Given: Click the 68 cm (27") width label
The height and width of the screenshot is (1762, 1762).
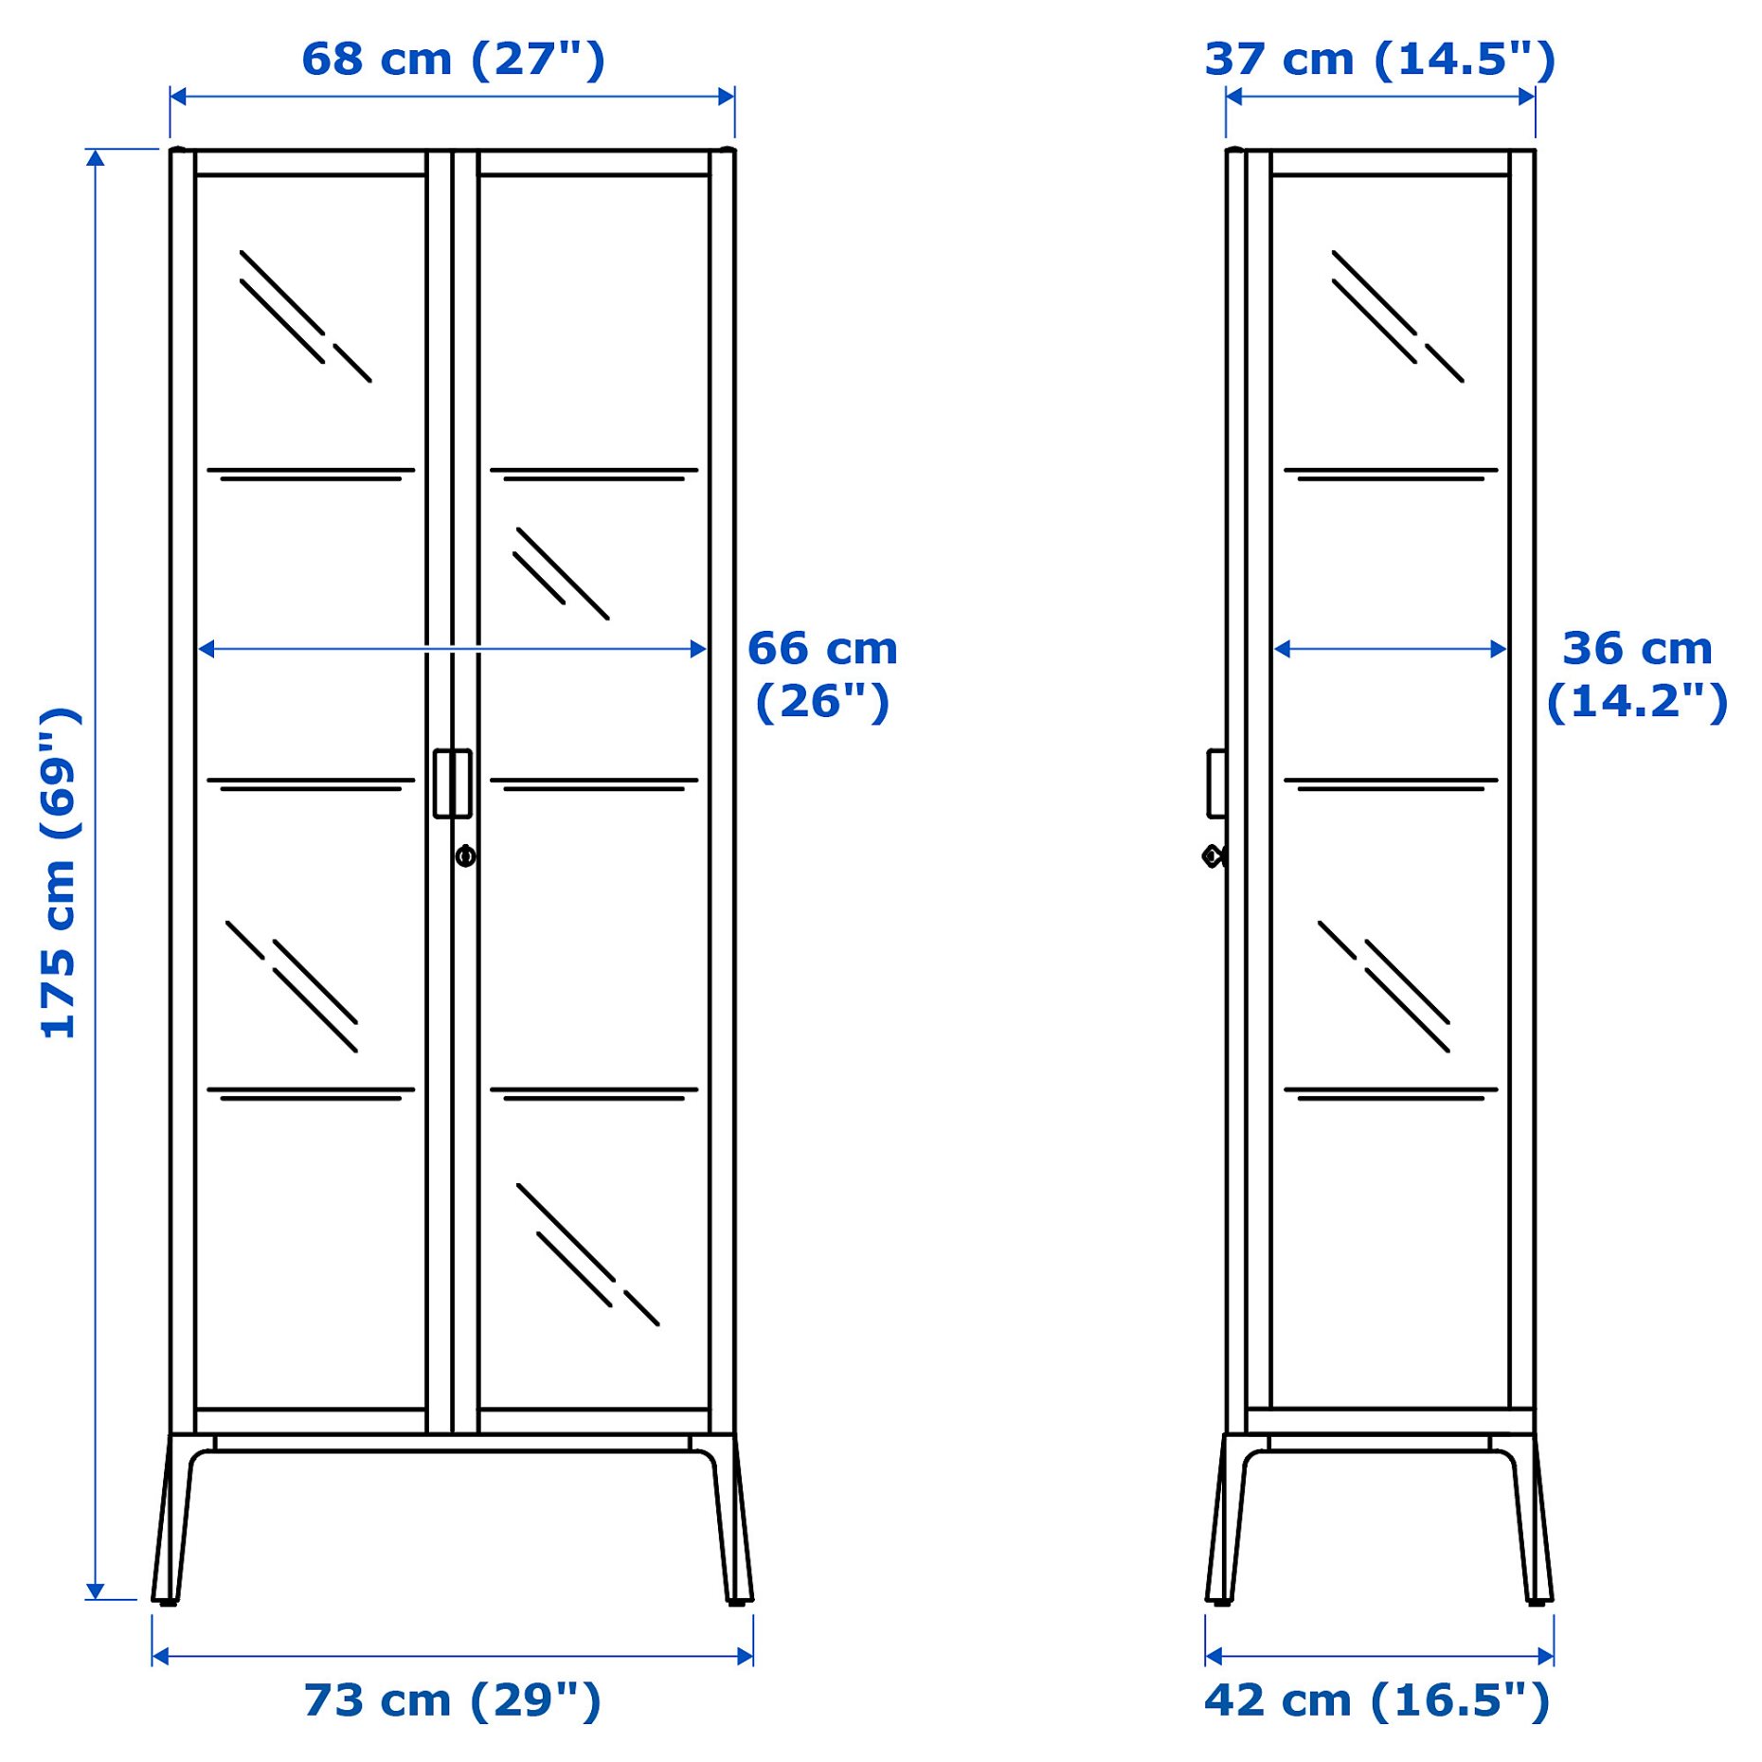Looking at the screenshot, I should click(x=453, y=59).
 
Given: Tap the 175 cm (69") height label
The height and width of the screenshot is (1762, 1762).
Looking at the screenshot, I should click(x=59, y=872).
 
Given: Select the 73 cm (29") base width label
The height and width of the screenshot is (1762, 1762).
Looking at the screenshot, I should click(x=452, y=1700).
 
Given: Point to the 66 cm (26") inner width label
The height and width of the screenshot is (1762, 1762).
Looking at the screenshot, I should click(x=822, y=674).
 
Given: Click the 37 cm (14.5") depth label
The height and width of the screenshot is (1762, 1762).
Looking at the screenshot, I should click(x=1379, y=59).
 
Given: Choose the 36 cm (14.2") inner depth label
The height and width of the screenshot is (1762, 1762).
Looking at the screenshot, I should click(x=1637, y=674).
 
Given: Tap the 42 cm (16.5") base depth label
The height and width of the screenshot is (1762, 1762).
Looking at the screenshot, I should click(x=1376, y=1700).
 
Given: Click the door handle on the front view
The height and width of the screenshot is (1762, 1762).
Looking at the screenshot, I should click(x=452, y=783).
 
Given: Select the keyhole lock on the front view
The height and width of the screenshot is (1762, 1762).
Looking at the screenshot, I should click(x=465, y=856).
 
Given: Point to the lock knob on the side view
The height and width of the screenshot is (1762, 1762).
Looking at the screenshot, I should click(x=1213, y=856).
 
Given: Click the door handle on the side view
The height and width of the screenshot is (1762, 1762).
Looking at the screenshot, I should click(x=1215, y=783).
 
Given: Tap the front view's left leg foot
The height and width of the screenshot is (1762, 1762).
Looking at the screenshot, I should click(x=167, y=1600).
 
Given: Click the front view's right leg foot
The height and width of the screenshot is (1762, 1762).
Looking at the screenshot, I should click(x=738, y=1600).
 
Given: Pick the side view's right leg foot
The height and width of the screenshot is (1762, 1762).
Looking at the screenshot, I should click(x=1539, y=1600).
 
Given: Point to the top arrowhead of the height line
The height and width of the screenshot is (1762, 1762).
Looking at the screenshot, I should click(x=96, y=157).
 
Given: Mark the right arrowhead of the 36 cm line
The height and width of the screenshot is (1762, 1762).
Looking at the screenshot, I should click(x=1499, y=649).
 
